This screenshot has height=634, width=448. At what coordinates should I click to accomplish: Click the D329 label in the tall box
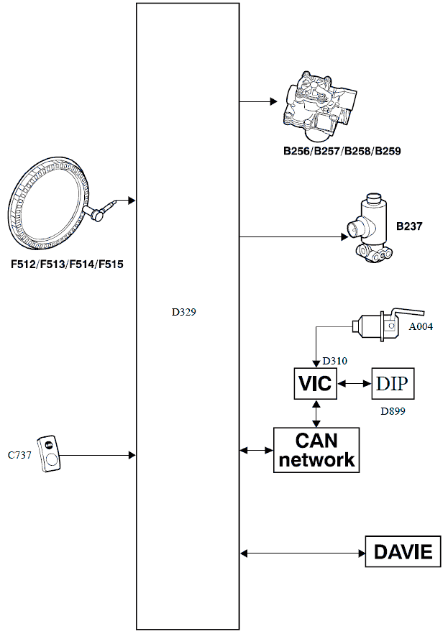(183, 313)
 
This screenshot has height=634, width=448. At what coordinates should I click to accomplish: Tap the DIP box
(393, 384)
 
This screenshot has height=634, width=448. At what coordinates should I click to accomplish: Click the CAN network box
(316, 450)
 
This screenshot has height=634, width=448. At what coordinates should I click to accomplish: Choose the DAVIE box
(403, 552)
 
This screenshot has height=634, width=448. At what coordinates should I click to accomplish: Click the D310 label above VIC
(335, 359)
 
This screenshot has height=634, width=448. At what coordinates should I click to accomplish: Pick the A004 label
(422, 326)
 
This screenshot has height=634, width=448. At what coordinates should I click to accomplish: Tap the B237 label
(409, 226)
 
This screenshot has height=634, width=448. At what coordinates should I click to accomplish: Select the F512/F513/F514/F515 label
(67, 265)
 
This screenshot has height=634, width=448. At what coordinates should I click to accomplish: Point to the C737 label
(19, 455)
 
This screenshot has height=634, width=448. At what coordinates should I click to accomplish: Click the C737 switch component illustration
(50, 454)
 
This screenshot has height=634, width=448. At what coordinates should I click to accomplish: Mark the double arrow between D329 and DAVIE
(302, 553)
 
